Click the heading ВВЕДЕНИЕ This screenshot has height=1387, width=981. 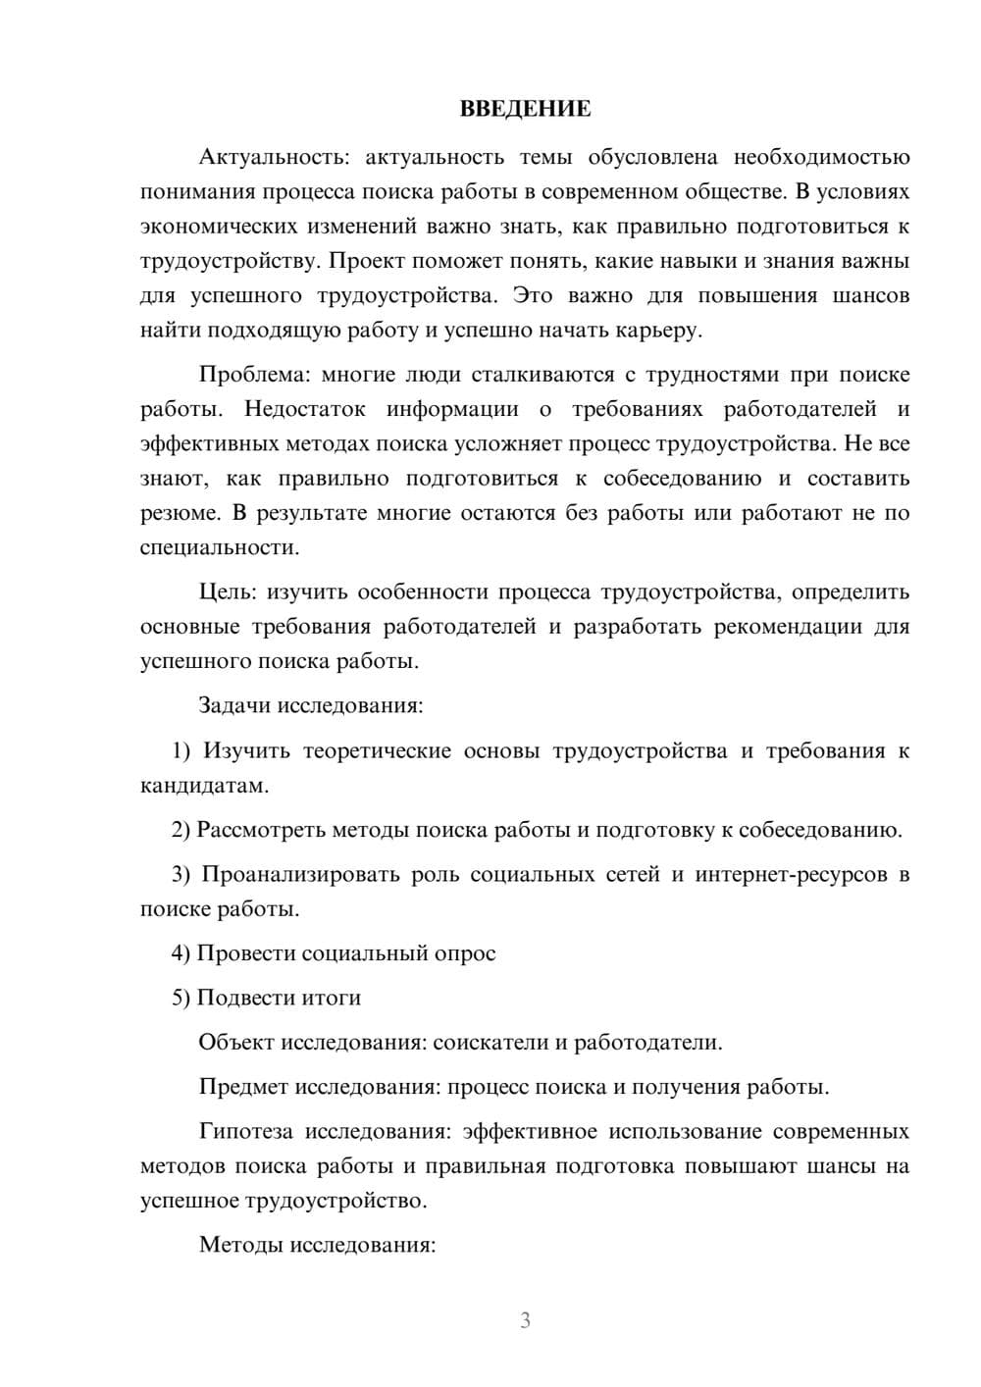coord(525,109)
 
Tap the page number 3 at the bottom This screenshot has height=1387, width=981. coord(525,1320)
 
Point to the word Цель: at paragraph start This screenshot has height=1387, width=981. coord(228,591)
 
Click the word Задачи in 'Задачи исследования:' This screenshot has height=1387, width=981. coord(234,705)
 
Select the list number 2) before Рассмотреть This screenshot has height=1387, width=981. coord(181,830)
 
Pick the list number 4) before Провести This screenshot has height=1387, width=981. coord(181,953)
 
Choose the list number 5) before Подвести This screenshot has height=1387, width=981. coord(181,998)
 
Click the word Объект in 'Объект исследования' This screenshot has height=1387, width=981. coord(236,1042)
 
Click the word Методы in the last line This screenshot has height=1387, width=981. coord(235,1245)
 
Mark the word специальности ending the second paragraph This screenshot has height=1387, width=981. coord(218,547)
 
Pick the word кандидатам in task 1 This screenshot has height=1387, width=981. coord(203,786)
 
